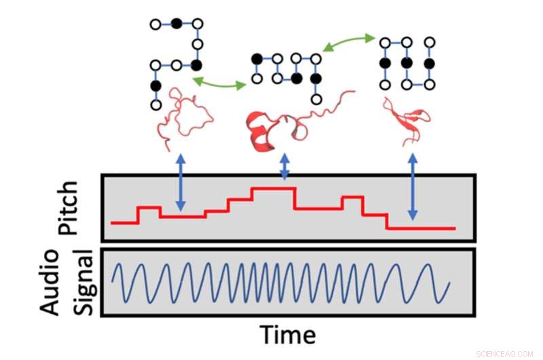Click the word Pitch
click(69, 206)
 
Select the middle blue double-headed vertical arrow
click(284, 167)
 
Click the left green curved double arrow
click(219, 83)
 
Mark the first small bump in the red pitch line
click(149, 208)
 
